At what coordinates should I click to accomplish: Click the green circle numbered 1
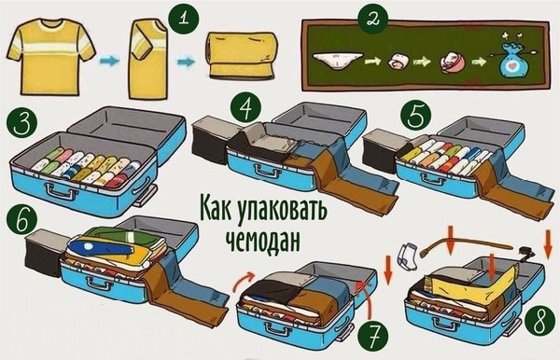click(184, 18)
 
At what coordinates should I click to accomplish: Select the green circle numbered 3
click(22, 123)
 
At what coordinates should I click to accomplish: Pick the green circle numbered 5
click(415, 115)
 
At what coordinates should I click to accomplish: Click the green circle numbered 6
click(21, 218)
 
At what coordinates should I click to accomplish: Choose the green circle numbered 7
click(372, 336)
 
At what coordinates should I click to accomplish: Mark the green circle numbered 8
click(539, 320)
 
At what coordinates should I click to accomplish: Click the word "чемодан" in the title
click(262, 242)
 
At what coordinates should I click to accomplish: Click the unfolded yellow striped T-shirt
click(51, 56)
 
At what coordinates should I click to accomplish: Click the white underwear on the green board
click(338, 61)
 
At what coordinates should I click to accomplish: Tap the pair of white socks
click(406, 256)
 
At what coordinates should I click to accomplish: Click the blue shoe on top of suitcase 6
click(103, 246)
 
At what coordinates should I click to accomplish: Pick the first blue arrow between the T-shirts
click(109, 61)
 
